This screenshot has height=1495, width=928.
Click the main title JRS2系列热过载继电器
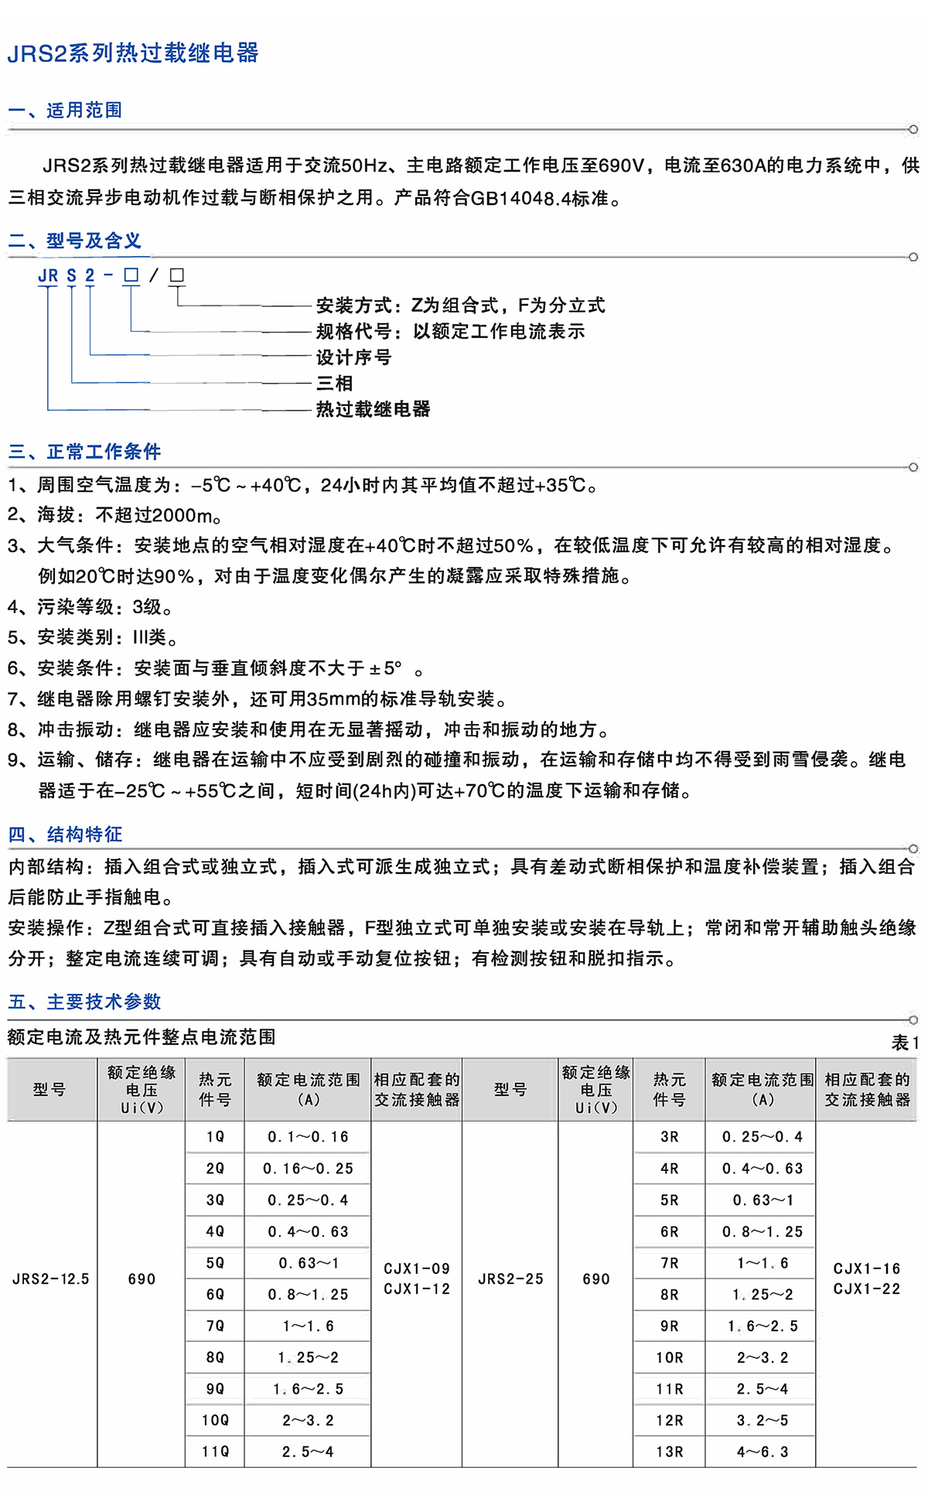click(133, 53)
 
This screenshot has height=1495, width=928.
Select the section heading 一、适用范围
click(65, 110)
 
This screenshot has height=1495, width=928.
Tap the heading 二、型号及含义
click(75, 241)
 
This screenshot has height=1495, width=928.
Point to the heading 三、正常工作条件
click(84, 452)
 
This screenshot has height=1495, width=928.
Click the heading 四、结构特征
click(65, 834)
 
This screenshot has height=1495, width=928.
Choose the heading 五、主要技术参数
click(84, 1002)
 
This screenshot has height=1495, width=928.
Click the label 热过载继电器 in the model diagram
click(373, 409)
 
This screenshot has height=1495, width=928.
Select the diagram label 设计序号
click(353, 357)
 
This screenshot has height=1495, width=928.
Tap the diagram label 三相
click(334, 383)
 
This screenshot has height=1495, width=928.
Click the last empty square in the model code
click(177, 275)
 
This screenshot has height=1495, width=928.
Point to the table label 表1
click(905, 1043)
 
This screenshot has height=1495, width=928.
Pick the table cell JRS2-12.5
click(51, 1279)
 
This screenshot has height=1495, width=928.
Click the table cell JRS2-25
click(510, 1279)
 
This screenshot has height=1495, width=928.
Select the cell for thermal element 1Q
click(215, 1137)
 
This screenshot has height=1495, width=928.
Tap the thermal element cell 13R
click(670, 1452)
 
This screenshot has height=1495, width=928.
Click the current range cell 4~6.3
click(763, 1452)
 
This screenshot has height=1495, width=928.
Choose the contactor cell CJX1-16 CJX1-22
click(867, 1278)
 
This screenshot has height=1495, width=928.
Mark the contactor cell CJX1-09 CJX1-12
click(417, 1278)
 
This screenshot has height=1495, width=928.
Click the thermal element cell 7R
click(670, 1263)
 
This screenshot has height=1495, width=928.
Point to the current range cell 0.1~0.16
click(308, 1137)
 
